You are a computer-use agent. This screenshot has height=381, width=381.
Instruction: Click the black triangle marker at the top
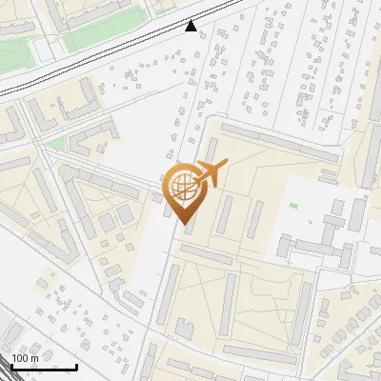[191, 26]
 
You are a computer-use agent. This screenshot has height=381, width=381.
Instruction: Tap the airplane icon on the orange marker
[211, 172]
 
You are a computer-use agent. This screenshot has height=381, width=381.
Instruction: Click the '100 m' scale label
[26, 358]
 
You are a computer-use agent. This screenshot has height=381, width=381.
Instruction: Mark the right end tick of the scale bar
[76, 366]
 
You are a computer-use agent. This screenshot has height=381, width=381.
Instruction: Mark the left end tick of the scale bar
[10, 366]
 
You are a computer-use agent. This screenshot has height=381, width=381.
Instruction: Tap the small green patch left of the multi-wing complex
[293, 206]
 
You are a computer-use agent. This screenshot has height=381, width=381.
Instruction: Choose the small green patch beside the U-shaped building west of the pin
[56, 144]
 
